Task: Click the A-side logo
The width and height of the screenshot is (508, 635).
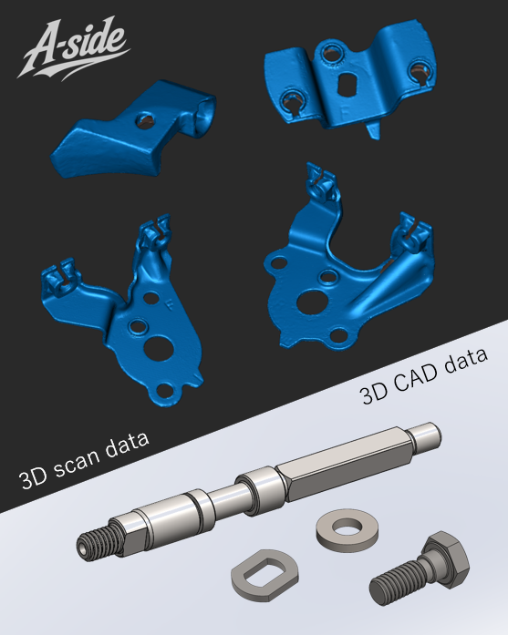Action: [73, 48]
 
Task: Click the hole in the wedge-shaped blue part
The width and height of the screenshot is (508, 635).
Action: [145, 120]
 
